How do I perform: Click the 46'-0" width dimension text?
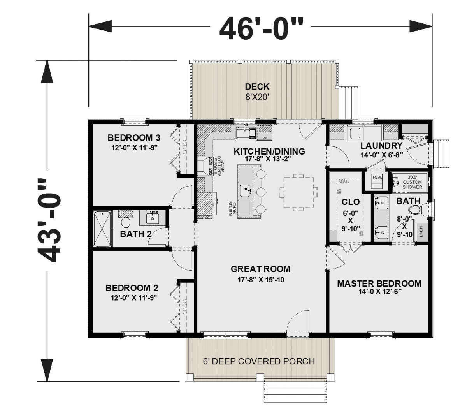point(260,28)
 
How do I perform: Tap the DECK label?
point(257,87)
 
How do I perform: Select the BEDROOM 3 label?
point(134,138)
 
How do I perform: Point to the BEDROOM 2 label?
point(132,288)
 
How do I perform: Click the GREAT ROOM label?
point(260,269)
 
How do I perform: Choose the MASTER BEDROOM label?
point(379,283)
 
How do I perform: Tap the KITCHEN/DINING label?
point(269,151)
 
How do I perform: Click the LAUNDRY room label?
point(381,146)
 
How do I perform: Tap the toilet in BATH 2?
point(125,222)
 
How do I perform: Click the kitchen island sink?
point(244,190)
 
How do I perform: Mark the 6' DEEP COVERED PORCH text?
point(258,361)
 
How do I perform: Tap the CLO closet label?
point(350,202)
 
